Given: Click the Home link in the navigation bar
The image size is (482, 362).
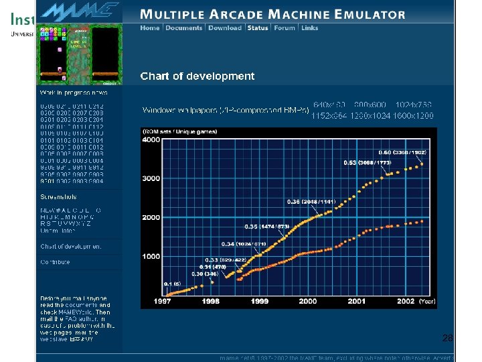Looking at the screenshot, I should click(150, 28).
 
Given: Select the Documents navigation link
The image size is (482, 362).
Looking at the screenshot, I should click(183, 28).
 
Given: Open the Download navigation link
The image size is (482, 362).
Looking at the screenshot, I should click(225, 28).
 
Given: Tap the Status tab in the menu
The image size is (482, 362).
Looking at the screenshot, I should click(258, 28).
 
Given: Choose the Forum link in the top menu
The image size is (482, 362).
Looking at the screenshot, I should click(285, 28).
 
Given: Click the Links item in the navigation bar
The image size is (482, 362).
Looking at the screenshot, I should click(310, 28).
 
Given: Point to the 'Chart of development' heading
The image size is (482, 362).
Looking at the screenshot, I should click(197, 76).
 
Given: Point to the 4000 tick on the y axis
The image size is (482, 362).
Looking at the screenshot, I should click(151, 140).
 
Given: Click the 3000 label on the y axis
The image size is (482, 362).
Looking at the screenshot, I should click(151, 179).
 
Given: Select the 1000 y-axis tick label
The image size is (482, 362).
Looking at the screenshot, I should click(151, 257).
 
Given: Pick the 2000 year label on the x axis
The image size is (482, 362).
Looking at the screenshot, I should click(308, 302).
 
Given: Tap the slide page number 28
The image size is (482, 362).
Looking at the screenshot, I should click(447, 339).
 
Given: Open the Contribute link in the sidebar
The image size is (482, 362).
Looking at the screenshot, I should click(55, 262).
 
